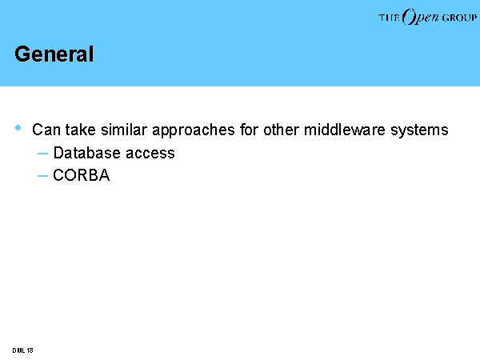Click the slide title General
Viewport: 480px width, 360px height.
pyautogui.click(x=54, y=54)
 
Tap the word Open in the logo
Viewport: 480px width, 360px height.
pyautogui.click(x=421, y=17)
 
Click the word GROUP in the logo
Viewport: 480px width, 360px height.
pyautogui.click(x=459, y=18)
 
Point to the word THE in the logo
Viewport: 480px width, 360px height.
pyautogui.click(x=389, y=18)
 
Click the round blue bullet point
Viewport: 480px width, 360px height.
pyautogui.click(x=18, y=128)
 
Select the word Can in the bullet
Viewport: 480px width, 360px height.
pyautogui.click(x=46, y=130)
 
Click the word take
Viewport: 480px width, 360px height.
pyautogui.click(x=81, y=130)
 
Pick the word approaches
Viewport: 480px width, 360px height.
pyautogui.click(x=194, y=130)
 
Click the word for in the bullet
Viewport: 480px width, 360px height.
pyautogui.click(x=249, y=130)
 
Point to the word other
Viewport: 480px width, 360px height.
pyautogui.click(x=281, y=130)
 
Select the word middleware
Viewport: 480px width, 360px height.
pyautogui.click(x=344, y=130)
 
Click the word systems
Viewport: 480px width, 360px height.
pyautogui.click(x=419, y=130)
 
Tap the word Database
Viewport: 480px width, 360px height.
pyautogui.click(x=87, y=153)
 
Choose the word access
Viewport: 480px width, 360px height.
pyautogui.click(x=150, y=154)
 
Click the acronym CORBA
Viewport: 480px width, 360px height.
pyautogui.click(x=82, y=175)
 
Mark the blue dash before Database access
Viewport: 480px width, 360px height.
pyautogui.click(x=42, y=154)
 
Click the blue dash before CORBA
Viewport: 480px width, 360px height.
pyautogui.click(x=42, y=176)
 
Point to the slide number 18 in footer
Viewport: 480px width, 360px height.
pyautogui.click(x=30, y=350)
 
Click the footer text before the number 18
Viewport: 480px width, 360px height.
pyautogui.click(x=18, y=350)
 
